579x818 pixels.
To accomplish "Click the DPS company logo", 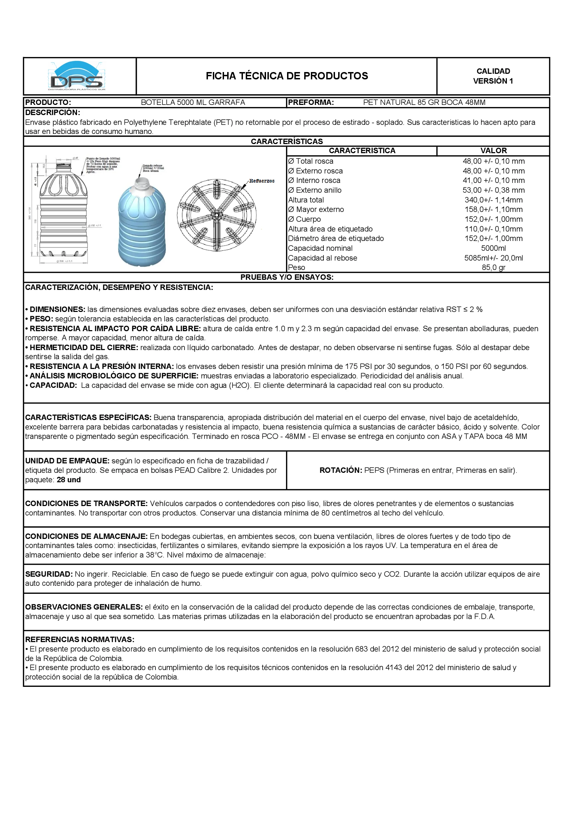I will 77,76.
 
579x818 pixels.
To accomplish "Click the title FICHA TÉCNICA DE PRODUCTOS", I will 287,76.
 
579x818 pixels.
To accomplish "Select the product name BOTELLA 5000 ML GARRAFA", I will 193,102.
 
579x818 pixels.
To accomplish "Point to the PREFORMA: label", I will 311,102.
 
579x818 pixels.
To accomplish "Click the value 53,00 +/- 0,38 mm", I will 494,190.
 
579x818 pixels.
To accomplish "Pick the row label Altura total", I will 306,200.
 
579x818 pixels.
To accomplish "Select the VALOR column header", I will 494,151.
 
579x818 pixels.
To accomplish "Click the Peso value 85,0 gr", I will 494,268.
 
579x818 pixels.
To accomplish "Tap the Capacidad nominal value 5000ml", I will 494,248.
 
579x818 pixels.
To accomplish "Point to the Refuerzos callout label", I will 262,181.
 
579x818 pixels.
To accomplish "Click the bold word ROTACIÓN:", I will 341,470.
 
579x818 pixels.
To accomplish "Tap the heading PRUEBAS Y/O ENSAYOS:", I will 287,278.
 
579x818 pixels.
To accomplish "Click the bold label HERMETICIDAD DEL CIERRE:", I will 83,348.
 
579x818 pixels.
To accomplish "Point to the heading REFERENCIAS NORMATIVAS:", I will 79,640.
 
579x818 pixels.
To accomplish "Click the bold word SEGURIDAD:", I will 49,574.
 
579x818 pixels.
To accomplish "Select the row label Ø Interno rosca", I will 314,180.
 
